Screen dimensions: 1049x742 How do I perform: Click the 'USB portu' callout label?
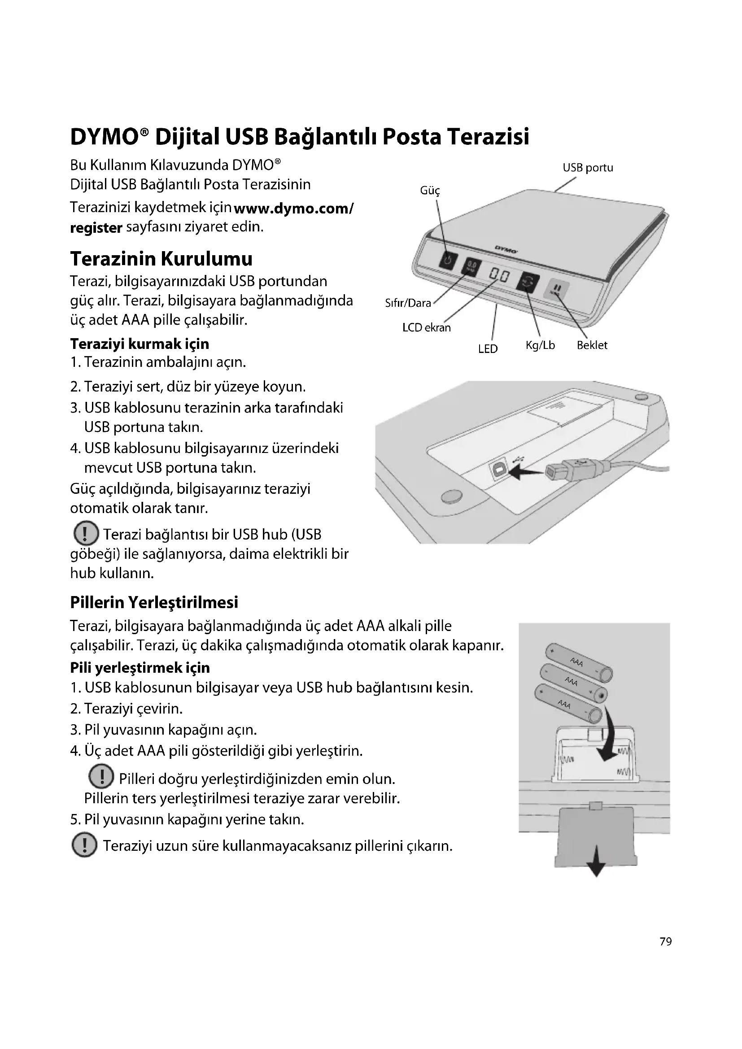pyautogui.click(x=588, y=168)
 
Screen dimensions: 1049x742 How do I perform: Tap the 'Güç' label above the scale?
pyautogui.click(x=430, y=191)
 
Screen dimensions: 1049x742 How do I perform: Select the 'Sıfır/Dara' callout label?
pyautogui.click(x=408, y=303)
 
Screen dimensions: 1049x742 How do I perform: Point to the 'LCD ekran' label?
pyautogui.click(x=426, y=327)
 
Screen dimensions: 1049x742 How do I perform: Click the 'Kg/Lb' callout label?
pyautogui.click(x=540, y=345)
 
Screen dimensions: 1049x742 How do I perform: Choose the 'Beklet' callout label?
pyautogui.click(x=592, y=345)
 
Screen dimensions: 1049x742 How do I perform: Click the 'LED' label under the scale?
pyautogui.click(x=488, y=349)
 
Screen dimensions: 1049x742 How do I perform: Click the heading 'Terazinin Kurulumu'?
pyautogui.click(x=161, y=259)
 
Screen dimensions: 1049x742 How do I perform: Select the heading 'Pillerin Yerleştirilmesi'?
pyautogui.click(x=154, y=603)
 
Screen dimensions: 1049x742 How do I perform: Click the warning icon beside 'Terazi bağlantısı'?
pyautogui.click(x=86, y=534)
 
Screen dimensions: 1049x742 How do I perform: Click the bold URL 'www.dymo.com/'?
pyautogui.click(x=293, y=209)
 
